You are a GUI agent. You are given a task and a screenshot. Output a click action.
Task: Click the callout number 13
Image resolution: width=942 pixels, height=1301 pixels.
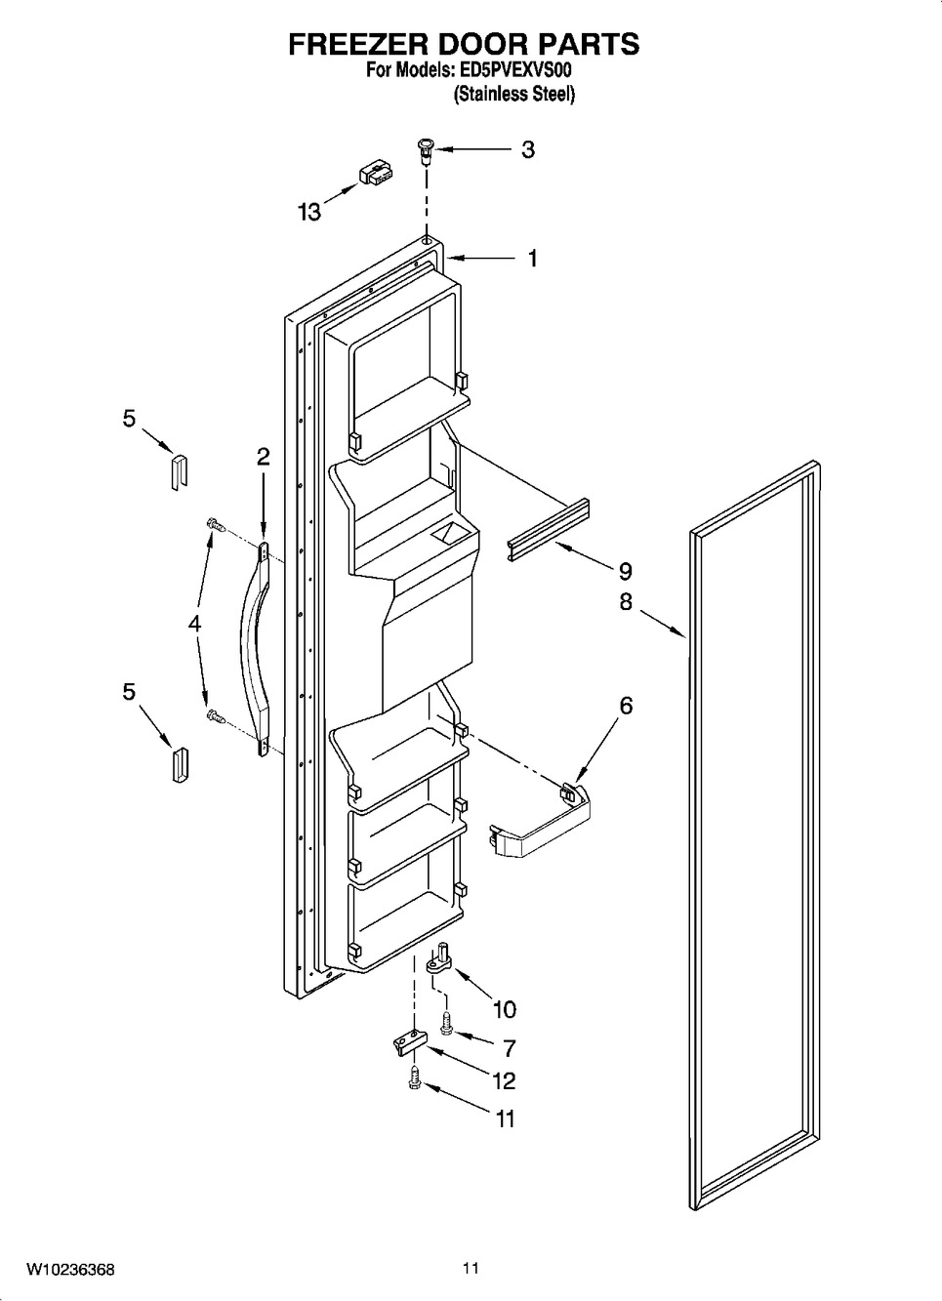pyautogui.click(x=309, y=213)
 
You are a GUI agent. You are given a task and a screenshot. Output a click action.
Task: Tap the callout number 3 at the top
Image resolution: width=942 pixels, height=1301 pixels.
pyautogui.click(x=527, y=149)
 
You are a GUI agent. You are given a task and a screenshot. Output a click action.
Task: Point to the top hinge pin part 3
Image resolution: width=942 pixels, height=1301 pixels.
pyautogui.click(x=428, y=152)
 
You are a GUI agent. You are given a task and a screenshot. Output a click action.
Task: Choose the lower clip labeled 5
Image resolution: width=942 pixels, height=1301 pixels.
pyautogui.click(x=180, y=765)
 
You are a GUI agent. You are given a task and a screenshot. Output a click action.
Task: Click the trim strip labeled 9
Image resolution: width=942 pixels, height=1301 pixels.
pyautogui.click(x=549, y=530)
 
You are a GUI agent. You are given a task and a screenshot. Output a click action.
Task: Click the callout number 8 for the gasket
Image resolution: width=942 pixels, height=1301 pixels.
pyautogui.click(x=626, y=602)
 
